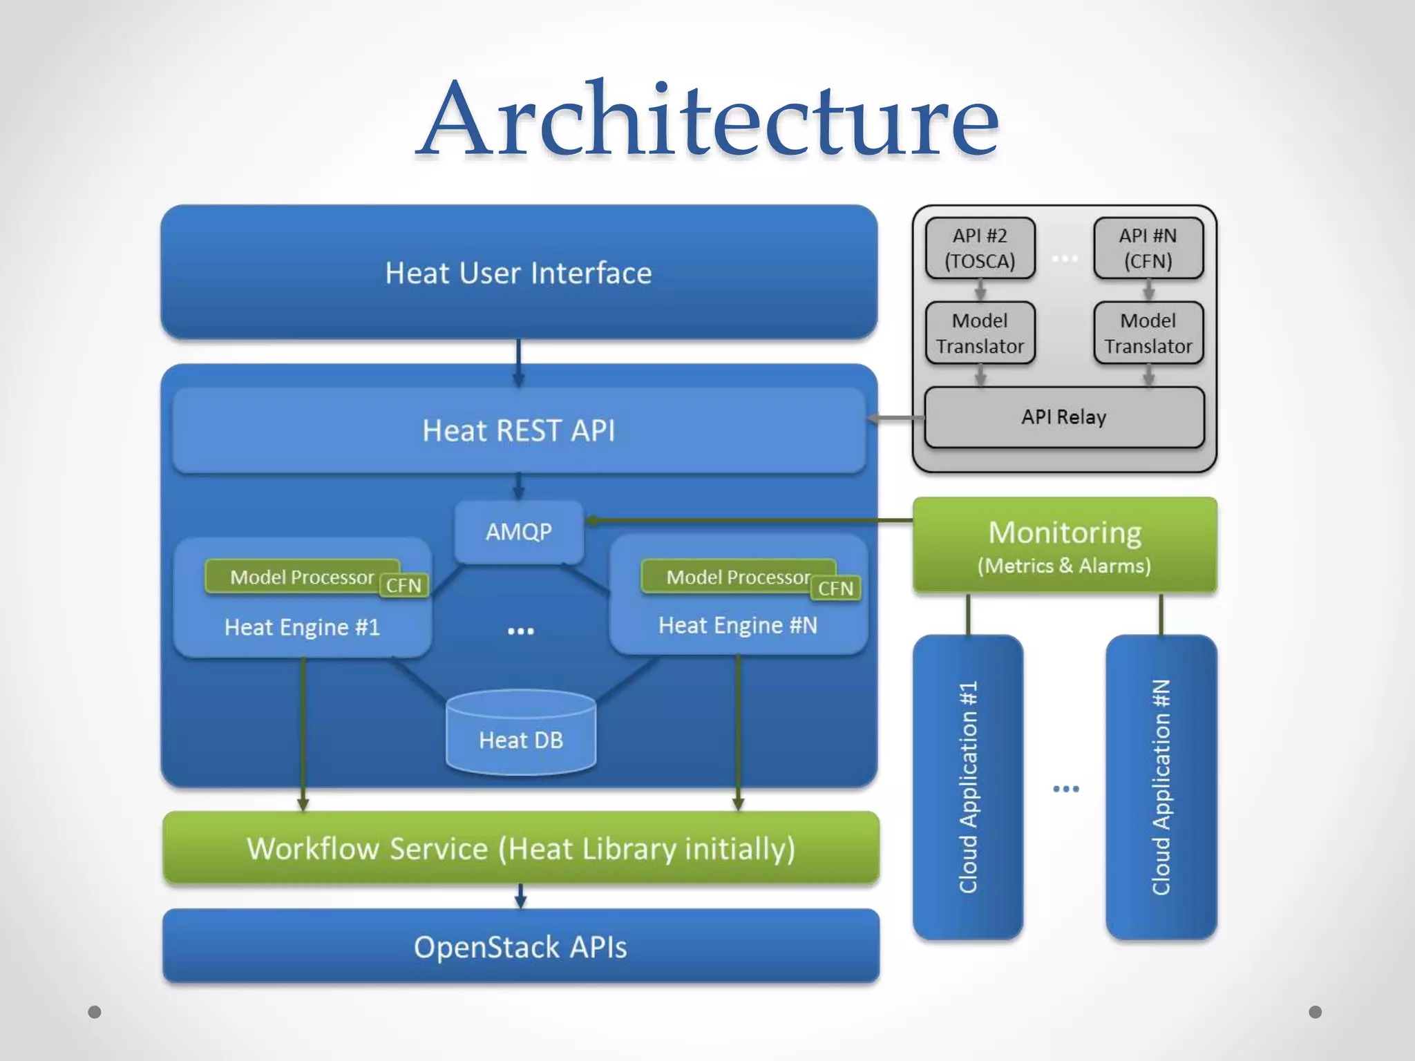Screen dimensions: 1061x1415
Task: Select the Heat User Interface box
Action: point(518,272)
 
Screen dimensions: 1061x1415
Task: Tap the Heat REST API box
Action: point(518,430)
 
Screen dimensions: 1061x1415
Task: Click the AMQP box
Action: point(518,531)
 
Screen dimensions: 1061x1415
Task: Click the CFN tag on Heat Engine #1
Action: point(403,586)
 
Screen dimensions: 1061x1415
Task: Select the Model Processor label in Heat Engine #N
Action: point(737,577)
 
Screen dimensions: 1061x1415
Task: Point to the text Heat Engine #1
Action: point(302,627)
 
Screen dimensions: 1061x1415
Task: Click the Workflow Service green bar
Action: point(520,848)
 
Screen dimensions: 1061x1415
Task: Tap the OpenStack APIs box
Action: point(520,946)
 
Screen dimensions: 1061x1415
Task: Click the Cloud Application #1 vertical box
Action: point(967,787)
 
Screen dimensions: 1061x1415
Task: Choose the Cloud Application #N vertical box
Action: point(1161,787)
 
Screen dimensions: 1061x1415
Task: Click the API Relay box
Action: point(1064,417)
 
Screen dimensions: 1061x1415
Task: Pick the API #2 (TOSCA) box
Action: point(980,248)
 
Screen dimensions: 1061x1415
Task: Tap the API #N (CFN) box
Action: point(1148,248)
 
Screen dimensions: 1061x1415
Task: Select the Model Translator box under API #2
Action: point(980,333)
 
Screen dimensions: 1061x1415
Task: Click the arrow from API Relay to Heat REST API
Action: point(895,418)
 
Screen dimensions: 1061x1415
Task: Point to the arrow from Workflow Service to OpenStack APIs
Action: point(520,896)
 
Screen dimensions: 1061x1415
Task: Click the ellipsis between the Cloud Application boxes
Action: point(1065,789)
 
